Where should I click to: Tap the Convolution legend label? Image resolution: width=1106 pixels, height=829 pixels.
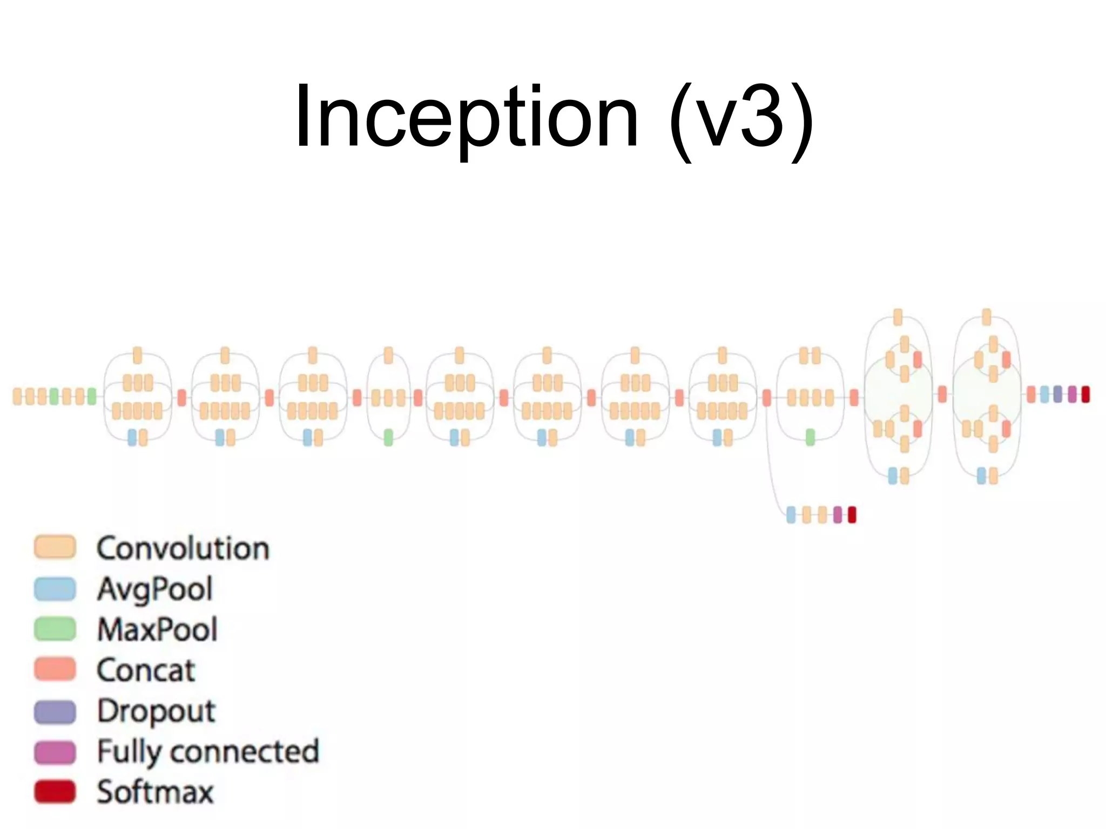[x=183, y=548]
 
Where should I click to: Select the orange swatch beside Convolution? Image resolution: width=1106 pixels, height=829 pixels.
[x=55, y=547]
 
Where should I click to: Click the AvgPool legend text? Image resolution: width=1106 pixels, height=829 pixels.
[x=155, y=589]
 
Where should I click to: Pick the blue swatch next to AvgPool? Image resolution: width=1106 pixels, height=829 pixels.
[x=55, y=589]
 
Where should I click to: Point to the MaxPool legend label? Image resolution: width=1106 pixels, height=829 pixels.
[x=157, y=629]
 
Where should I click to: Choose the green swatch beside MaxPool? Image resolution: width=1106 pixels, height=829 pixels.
[x=55, y=629]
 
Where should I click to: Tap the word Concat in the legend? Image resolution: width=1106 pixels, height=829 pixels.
[x=146, y=670]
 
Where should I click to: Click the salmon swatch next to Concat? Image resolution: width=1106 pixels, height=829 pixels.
[x=55, y=669]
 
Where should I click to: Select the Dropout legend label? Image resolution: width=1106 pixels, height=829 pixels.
[x=156, y=711]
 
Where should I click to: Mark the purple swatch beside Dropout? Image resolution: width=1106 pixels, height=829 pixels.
[x=55, y=711]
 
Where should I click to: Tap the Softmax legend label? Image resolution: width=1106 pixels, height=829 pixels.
[x=156, y=792]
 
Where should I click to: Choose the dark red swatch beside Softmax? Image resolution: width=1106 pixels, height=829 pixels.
[x=55, y=792]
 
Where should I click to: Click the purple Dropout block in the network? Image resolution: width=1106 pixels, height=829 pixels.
[x=1057, y=395]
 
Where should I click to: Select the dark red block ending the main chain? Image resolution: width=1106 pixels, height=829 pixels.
[x=1085, y=395]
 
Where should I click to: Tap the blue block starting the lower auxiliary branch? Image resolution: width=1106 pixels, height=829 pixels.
[x=791, y=515]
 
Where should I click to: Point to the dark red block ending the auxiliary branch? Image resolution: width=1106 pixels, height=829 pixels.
[x=852, y=515]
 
